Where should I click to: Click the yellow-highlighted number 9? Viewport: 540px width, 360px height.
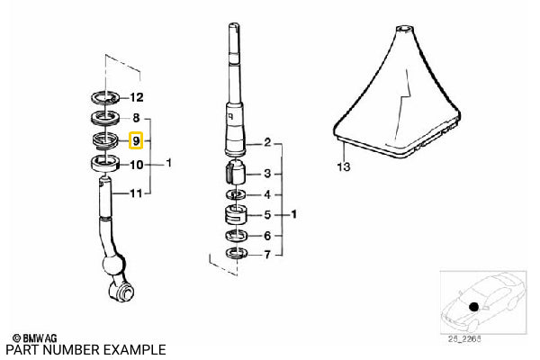(x=136, y=141)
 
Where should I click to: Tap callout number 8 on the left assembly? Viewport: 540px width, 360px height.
(x=137, y=118)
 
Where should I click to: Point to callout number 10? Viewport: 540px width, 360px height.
(x=137, y=165)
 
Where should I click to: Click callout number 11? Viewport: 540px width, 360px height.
(x=137, y=191)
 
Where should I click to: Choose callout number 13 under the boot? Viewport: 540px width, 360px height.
(x=342, y=167)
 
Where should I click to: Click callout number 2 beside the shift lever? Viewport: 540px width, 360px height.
(x=266, y=143)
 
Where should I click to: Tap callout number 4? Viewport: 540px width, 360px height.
(x=266, y=194)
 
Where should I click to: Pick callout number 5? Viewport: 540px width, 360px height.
(x=266, y=216)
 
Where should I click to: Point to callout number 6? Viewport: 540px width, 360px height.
(x=266, y=236)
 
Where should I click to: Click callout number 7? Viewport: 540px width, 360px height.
(x=266, y=256)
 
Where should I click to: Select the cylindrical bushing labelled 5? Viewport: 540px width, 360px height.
(x=237, y=217)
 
